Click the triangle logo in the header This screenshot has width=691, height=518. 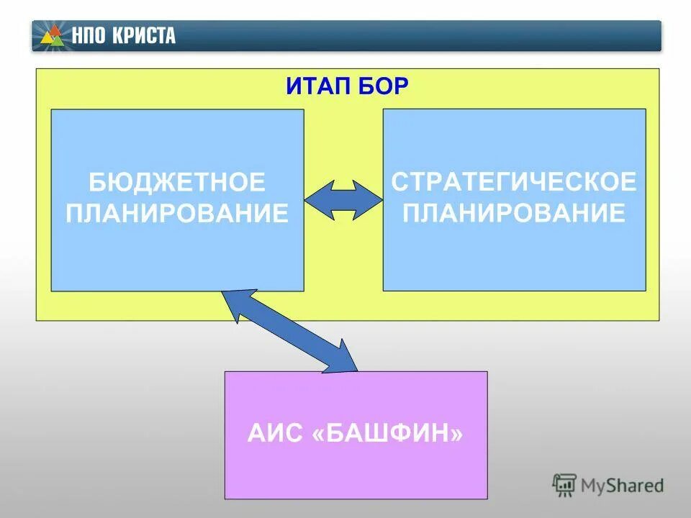[x=53, y=35]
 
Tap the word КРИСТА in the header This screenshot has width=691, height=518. [x=143, y=36]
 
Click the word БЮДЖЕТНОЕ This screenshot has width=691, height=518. [x=177, y=183]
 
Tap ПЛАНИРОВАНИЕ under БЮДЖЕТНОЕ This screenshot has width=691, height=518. [x=177, y=214]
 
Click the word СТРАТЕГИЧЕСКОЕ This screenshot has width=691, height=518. [x=514, y=182]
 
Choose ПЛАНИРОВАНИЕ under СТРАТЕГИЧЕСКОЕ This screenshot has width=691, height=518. [x=514, y=213]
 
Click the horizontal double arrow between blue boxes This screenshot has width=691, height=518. [x=343, y=199]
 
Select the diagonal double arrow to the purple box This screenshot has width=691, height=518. [x=291, y=331]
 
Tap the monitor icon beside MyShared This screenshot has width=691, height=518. [x=564, y=485]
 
